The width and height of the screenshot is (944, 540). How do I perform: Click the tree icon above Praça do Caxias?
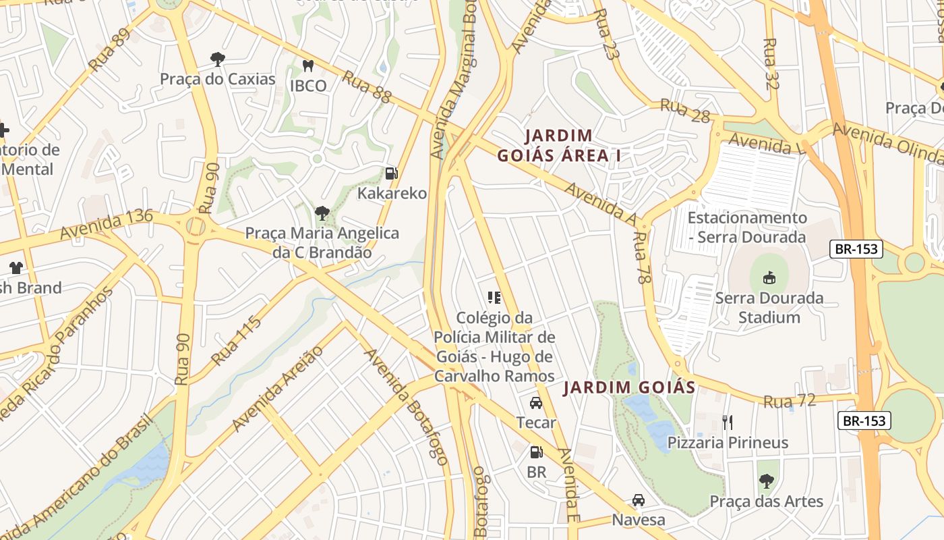[x=217, y=59]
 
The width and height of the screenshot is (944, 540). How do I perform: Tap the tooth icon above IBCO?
[x=308, y=65]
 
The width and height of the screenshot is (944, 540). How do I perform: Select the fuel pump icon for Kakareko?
[x=391, y=173]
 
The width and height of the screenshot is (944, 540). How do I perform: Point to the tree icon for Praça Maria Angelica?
[x=322, y=213]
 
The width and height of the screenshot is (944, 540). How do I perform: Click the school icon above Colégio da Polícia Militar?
[x=494, y=297]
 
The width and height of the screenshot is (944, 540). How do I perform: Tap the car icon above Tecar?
[x=536, y=403]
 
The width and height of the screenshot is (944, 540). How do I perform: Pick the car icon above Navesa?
[x=638, y=500]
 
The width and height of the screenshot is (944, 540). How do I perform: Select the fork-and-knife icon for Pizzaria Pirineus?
[x=727, y=423]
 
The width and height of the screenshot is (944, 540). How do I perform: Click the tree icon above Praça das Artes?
[x=766, y=481]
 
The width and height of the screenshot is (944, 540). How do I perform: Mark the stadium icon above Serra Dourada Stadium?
[x=769, y=277]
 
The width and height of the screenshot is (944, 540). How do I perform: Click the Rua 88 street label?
[x=366, y=87]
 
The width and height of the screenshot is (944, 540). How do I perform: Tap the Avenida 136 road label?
[x=106, y=224]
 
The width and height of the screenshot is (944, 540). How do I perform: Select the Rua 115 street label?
[x=236, y=342]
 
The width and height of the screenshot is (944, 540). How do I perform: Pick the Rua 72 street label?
[x=790, y=401]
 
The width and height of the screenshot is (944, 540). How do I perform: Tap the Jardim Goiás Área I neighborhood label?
[x=558, y=146]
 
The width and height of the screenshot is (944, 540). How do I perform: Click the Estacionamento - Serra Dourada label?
[x=747, y=227]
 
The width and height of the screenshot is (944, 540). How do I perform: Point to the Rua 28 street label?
[x=685, y=111]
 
